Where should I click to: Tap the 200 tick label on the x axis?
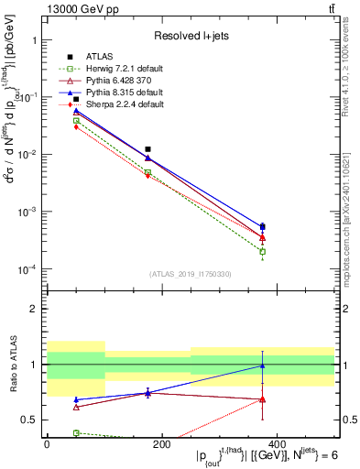(x=161, y=444)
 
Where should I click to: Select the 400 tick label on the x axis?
(x=276, y=444)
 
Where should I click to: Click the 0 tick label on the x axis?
(x=47, y=444)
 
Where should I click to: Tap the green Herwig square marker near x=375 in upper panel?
(x=262, y=252)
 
